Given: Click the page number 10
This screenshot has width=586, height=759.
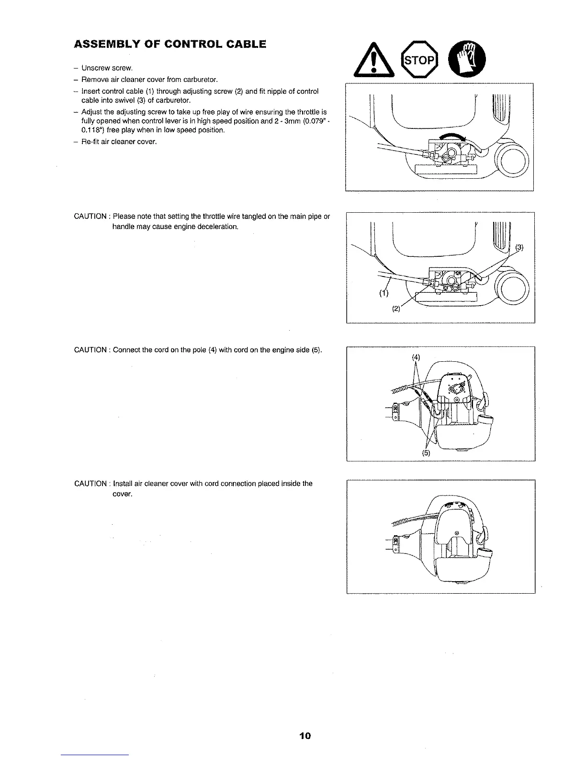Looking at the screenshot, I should (x=305, y=735).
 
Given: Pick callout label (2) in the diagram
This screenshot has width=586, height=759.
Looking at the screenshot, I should (x=396, y=309).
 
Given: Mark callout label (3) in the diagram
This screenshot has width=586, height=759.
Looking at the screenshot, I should (x=520, y=248).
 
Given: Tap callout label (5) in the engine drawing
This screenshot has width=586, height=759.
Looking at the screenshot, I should (x=427, y=453).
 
